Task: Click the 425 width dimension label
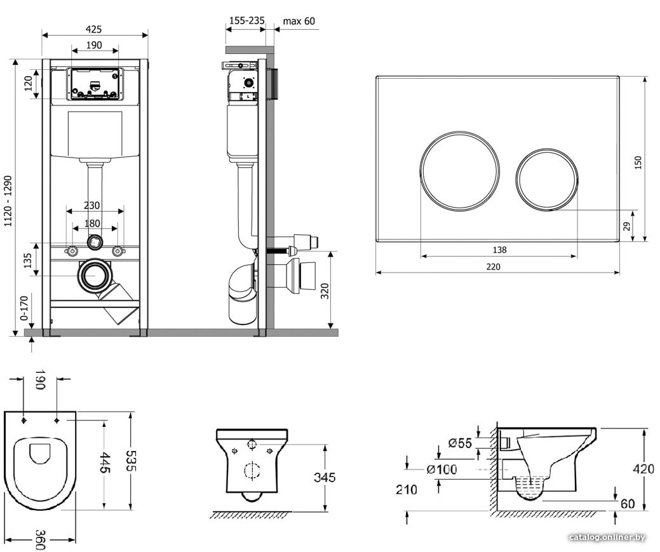click(x=93, y=29)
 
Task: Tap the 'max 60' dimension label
click(x=299, y=21)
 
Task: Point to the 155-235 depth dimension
click(x=247, y=20)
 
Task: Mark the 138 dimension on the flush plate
click(x=499, y=250)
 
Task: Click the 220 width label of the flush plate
click(x=494, y=267)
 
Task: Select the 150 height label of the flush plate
click(x=638, y=163)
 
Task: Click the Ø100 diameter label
click(x=441, y=469)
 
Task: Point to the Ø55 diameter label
click(x=460, y=443)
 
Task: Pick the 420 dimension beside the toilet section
click(x=643, y=469)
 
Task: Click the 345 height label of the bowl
click(x=325, y=477)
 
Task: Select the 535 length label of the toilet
click(x=131, y=461)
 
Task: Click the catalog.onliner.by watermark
click(x=607, y=537)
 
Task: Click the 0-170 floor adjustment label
click(x=24, y=308)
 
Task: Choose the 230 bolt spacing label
click(x=91, y=205)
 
